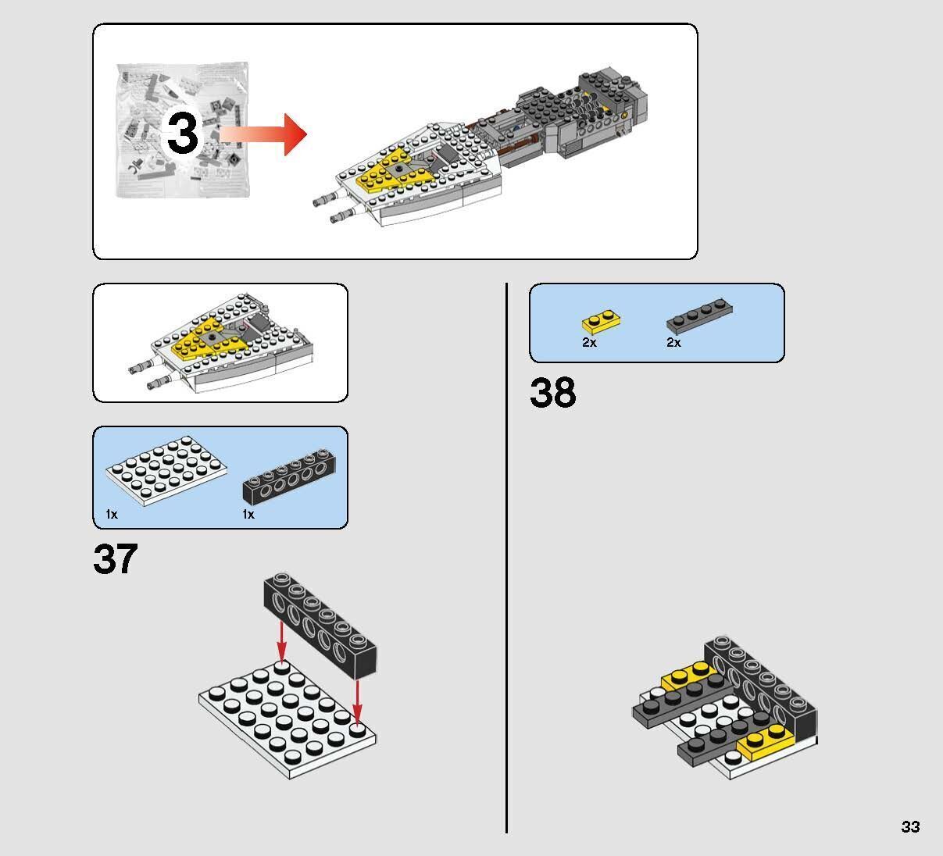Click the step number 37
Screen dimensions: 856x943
[x=115, y=559]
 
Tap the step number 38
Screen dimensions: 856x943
[x=552, y=393]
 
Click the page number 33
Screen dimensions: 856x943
[x=910, y=827]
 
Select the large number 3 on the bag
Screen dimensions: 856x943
[x=183, y=133]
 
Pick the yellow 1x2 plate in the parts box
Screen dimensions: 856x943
[x=602, y=320]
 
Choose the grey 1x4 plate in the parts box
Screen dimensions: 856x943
[x=699, y=316]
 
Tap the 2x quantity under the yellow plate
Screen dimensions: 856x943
[x=589, y=343]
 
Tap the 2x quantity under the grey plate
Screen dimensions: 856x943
[x=673, y=343]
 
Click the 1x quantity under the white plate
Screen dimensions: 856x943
[x=112, y=515]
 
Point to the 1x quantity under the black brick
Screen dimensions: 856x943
[x=248, y=515]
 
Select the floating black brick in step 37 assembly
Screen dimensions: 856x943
[x=320, y=626]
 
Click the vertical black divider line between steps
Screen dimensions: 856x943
[x=507, y=558]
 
